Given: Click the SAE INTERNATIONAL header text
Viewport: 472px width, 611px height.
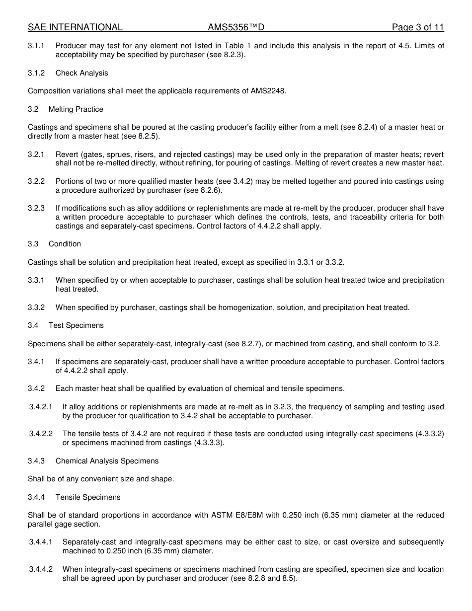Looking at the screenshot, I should (75, 27).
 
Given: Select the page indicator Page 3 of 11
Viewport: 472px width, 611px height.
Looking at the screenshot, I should (417, 27).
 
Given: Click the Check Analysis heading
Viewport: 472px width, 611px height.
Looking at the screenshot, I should (81, 73).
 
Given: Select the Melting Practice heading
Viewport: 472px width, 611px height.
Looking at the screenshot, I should (76, 109).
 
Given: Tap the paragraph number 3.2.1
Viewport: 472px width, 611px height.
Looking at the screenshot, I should (36, 154).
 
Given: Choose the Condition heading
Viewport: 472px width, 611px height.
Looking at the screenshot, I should (65, 244).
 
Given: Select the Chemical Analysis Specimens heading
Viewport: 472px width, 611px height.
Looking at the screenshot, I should (107, 461).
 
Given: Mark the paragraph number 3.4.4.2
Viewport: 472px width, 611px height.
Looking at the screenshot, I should (41, 569).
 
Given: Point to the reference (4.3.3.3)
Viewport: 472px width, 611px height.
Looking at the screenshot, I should (209, 443).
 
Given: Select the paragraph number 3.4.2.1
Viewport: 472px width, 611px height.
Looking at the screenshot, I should (41, 407).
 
